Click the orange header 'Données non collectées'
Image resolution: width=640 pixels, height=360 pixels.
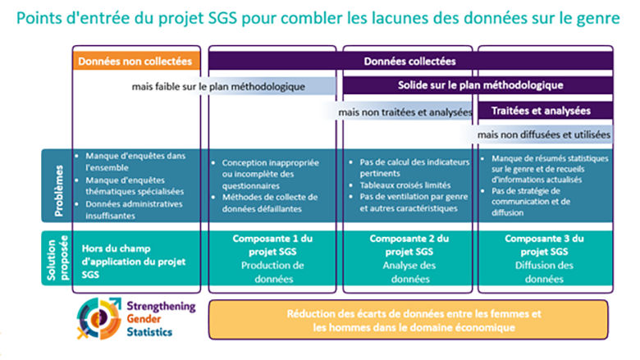pos(136,62)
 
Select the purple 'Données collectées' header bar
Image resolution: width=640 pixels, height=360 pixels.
pos(410,62)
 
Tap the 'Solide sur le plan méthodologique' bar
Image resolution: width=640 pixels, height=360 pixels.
pos(478,85)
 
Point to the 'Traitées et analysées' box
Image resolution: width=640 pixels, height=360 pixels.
pos(546,111)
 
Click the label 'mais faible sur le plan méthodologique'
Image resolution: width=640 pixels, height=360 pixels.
pos(218,87)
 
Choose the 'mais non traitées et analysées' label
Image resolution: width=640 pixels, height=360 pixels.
pos(405,112)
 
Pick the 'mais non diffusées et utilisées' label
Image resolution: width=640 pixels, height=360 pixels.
pos(544,135)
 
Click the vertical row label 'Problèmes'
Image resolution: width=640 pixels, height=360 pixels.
pos(59,190)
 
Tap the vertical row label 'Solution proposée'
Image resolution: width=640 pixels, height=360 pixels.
pos(57,257)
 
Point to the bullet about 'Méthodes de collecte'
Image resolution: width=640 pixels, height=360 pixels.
pos(265,203)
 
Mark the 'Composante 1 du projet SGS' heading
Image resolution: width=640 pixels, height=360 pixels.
pos(272,245)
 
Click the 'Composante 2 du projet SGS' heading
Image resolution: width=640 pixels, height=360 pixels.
pos(409,245)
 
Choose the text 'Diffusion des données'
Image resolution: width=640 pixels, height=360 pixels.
pos(544,272)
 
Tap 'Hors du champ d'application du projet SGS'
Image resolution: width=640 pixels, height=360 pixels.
pos(134,262)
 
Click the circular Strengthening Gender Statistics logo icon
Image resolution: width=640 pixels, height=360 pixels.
pos(99,318)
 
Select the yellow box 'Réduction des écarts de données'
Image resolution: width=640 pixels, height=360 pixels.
pos(408,320)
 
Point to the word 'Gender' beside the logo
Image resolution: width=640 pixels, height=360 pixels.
pos(144,319)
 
